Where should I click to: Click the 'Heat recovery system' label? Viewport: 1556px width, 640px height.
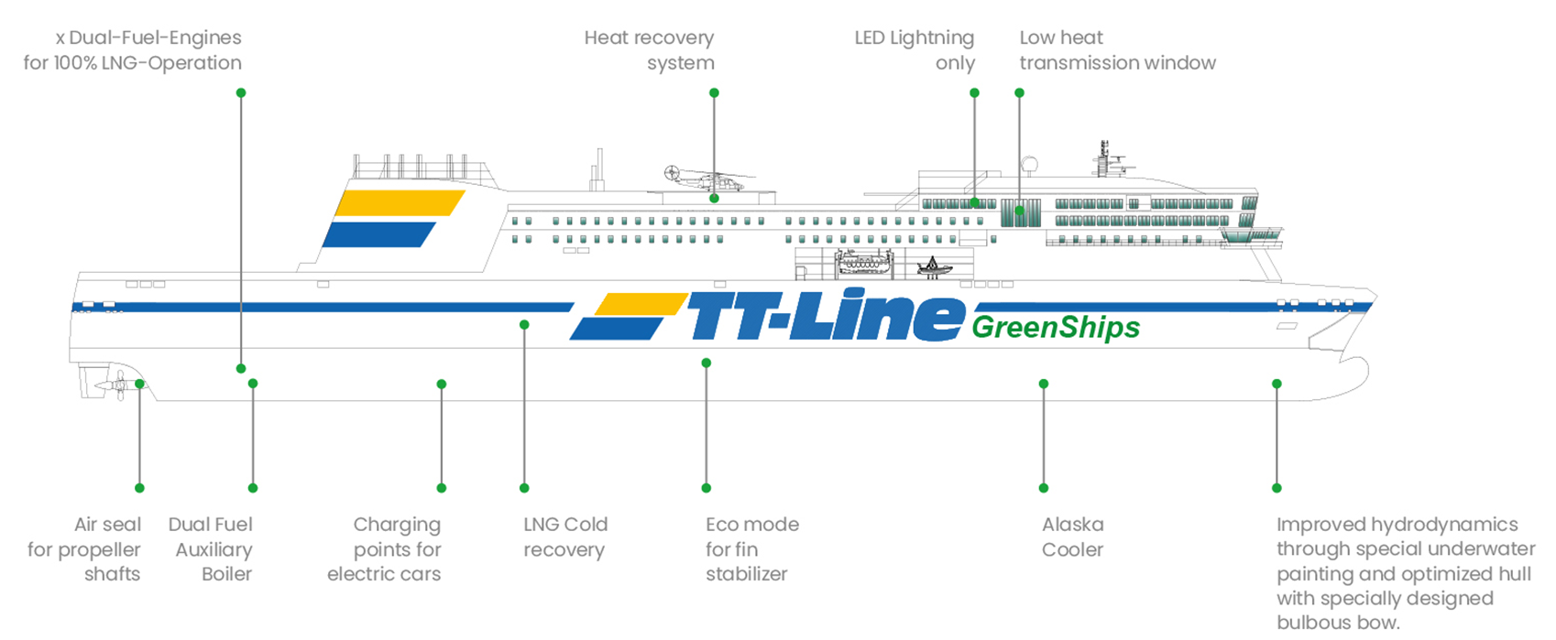[x=650, y=50]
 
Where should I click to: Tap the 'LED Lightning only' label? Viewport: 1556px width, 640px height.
[x=915, y=50]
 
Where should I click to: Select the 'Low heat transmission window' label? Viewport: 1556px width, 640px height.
[x=1117, y=50]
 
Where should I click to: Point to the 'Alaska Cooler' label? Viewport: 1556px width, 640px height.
[x=1072, y=537]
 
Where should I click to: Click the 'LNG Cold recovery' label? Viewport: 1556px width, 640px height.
[x=565, y=537]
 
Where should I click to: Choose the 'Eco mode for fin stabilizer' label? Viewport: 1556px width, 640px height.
[x=751, y=549]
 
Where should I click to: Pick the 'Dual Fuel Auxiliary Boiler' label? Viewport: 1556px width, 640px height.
[x=211, y=549]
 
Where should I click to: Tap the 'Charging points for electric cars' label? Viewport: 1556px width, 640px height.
[x=385, y=549]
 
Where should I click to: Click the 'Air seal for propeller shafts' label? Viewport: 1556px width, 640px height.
[x=84, y=549]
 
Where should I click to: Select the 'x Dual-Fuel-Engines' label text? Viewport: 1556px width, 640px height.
[x=148, y=38]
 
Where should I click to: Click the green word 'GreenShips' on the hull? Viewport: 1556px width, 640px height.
[x=1056, y=328]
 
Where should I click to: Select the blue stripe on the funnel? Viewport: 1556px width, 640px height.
[x=379, y=234]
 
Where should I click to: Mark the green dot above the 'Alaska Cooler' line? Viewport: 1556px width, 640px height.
[x=1044, y=384]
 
